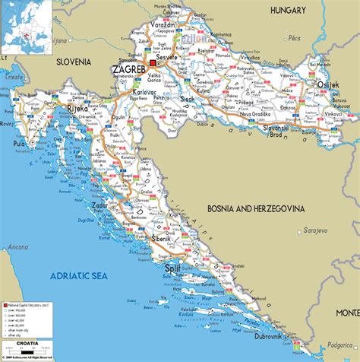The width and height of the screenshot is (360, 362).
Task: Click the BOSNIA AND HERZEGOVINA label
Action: (256, 208)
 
